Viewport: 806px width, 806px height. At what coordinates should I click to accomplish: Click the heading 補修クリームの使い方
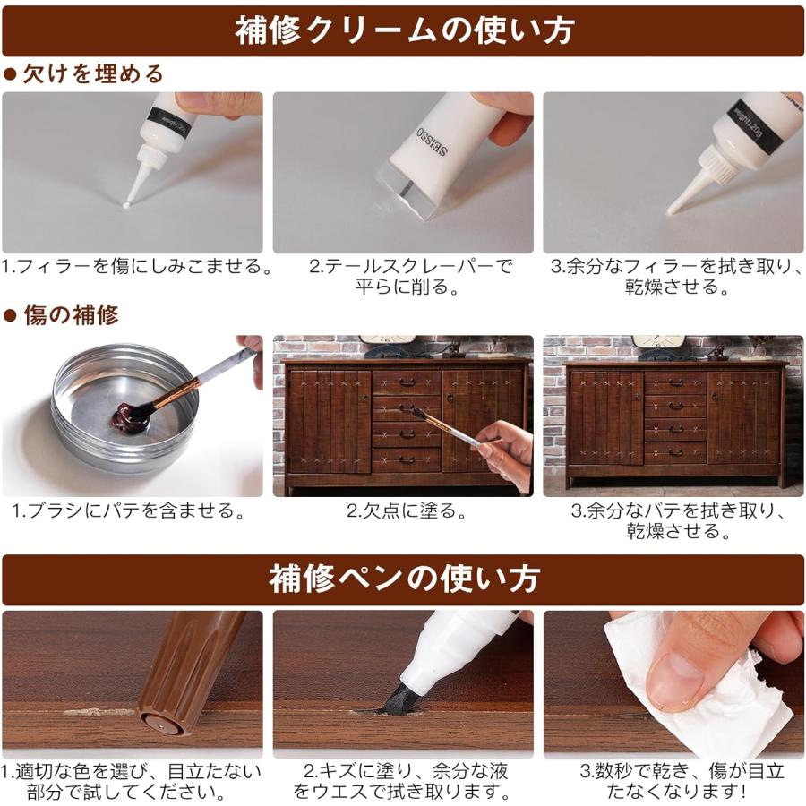coord(405,30)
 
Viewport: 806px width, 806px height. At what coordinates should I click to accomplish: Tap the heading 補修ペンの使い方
coord(404,579)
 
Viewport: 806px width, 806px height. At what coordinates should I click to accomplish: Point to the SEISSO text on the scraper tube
coord(433,141)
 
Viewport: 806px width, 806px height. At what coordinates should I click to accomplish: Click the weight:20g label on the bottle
coord(749,125)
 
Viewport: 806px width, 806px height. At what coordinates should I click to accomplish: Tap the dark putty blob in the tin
coord(130,417)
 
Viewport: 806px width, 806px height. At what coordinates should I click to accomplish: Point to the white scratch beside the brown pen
coord(98,713)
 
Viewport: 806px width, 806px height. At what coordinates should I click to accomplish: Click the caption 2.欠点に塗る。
coord(406,511)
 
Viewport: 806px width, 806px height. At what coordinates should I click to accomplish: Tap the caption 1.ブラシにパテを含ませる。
coord(129,511)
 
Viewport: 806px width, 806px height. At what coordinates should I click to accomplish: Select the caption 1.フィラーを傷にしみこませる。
coord(135,267)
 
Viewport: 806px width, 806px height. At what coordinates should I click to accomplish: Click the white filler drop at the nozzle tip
coord(126,206)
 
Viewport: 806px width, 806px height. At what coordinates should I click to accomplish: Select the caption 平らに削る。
coord(408,287)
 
